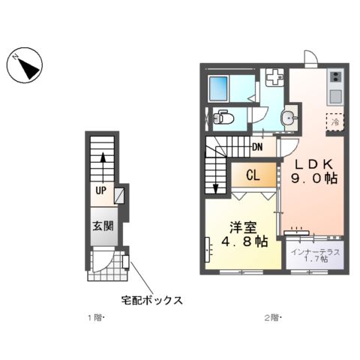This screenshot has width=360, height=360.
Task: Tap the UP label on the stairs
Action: [99, 190]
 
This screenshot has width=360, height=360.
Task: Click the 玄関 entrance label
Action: [103, 226]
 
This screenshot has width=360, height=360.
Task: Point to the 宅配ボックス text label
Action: [152, 300]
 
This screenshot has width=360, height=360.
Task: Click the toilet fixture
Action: [222, 117]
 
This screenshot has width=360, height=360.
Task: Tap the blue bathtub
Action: [221, 88]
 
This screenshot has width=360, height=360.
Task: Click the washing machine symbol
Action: [274, 76]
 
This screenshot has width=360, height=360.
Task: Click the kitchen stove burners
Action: [334, 76]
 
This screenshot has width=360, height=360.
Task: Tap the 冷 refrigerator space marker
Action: [334, 120]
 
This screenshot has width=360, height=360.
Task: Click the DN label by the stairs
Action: [257, 147]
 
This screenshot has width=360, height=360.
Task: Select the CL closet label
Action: [253, 176]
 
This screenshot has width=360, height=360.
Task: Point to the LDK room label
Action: [314, 163]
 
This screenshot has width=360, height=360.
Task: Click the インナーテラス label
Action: [316, 251]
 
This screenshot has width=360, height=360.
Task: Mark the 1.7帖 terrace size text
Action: [316, 260]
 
